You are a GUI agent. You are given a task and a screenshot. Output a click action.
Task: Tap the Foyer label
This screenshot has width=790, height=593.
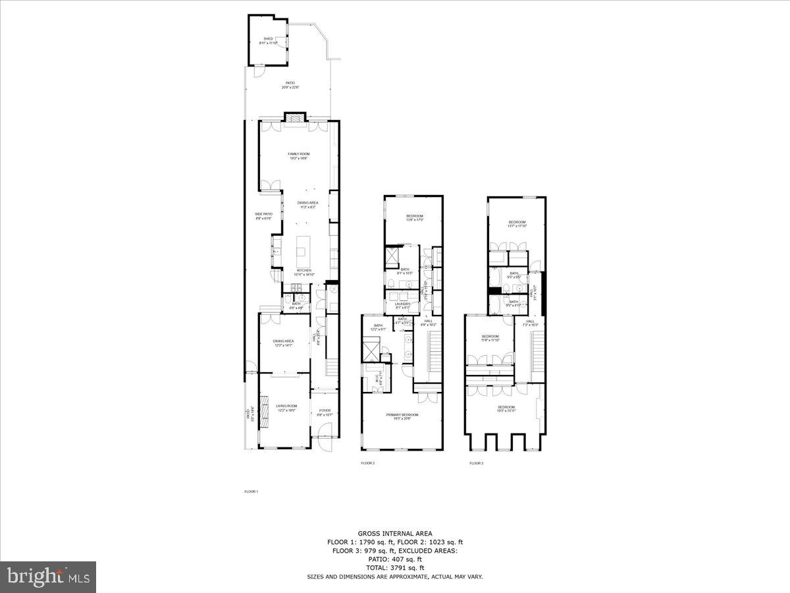tap(325, 412)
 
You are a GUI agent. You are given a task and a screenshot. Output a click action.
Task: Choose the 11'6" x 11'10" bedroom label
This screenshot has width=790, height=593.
tap(490, 338)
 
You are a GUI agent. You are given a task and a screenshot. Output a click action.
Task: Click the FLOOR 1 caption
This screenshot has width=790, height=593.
tap(251, 492)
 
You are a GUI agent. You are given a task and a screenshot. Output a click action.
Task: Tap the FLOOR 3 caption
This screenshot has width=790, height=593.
tap(476, 463)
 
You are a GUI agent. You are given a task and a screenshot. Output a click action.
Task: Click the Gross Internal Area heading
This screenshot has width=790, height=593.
tap(394, 533)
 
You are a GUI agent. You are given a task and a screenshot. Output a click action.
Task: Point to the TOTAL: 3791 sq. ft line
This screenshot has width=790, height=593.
tap(394, 567)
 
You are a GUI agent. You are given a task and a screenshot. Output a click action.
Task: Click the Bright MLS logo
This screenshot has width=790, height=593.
tap(48, 577)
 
